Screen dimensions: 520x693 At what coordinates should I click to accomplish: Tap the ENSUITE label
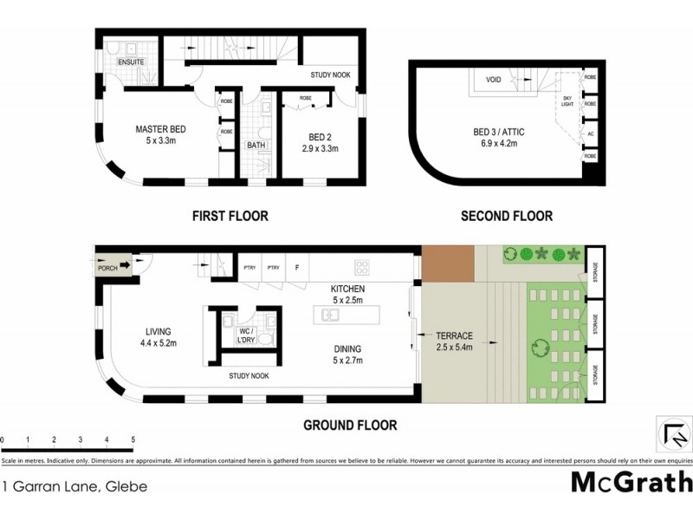click(x=132, y=62)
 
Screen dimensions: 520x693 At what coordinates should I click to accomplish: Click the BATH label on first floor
click(x=256, y=146)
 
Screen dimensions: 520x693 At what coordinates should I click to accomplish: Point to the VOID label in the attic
click(x=493, y=80)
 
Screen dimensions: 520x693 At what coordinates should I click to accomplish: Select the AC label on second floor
click(x=590, y=134)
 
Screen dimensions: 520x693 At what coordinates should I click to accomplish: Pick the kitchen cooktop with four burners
click(x=361, y=267)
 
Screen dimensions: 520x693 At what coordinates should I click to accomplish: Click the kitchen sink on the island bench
click(x=331, y=315)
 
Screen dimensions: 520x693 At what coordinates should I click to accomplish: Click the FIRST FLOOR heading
click(x=230, y=216)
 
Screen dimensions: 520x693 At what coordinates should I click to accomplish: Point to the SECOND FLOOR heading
click(x=507, y=216)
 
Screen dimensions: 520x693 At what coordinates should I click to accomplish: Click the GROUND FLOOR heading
click(x=350, y=426)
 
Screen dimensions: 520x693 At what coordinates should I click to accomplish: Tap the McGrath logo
click(x=631, y=482)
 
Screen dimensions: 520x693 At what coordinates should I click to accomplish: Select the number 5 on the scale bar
click(x=133, y=439)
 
